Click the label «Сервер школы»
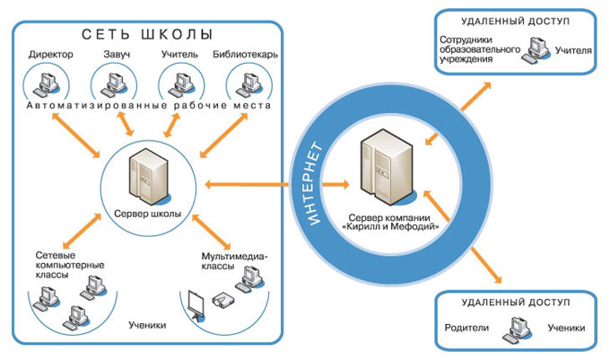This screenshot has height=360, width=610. (x=148, y=214)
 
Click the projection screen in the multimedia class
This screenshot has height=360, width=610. (x=198, y=304)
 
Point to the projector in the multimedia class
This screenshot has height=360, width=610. (x=222, y=300)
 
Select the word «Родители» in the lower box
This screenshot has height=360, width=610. (x=467, y=329)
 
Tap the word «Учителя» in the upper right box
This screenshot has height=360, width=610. (x=573, y=51)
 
